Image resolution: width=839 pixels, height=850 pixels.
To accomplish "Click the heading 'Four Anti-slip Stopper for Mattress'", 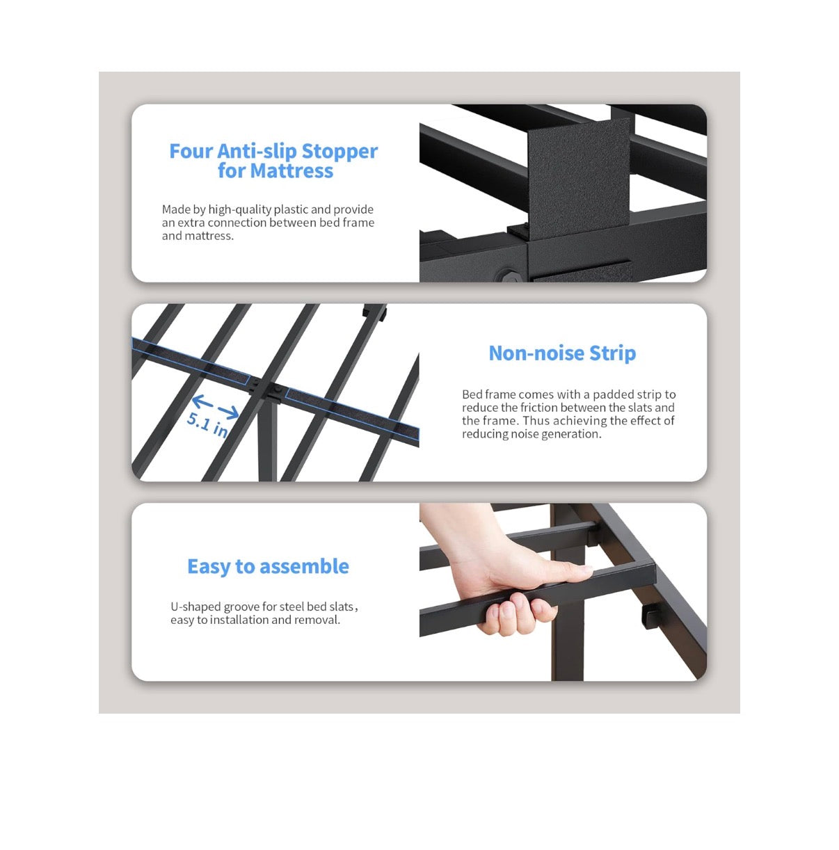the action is pos(273,161).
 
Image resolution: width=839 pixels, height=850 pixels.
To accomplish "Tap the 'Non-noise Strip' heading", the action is pos(562,353).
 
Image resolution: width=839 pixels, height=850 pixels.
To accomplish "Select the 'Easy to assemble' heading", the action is pos(268,566).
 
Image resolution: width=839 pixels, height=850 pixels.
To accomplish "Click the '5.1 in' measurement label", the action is pos(207,425).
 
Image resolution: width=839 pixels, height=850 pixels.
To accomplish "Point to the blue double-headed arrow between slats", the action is pos(216,407).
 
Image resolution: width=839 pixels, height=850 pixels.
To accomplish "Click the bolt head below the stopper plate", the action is pos(509,277).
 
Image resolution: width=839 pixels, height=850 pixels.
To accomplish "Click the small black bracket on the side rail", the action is pos(651,616).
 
